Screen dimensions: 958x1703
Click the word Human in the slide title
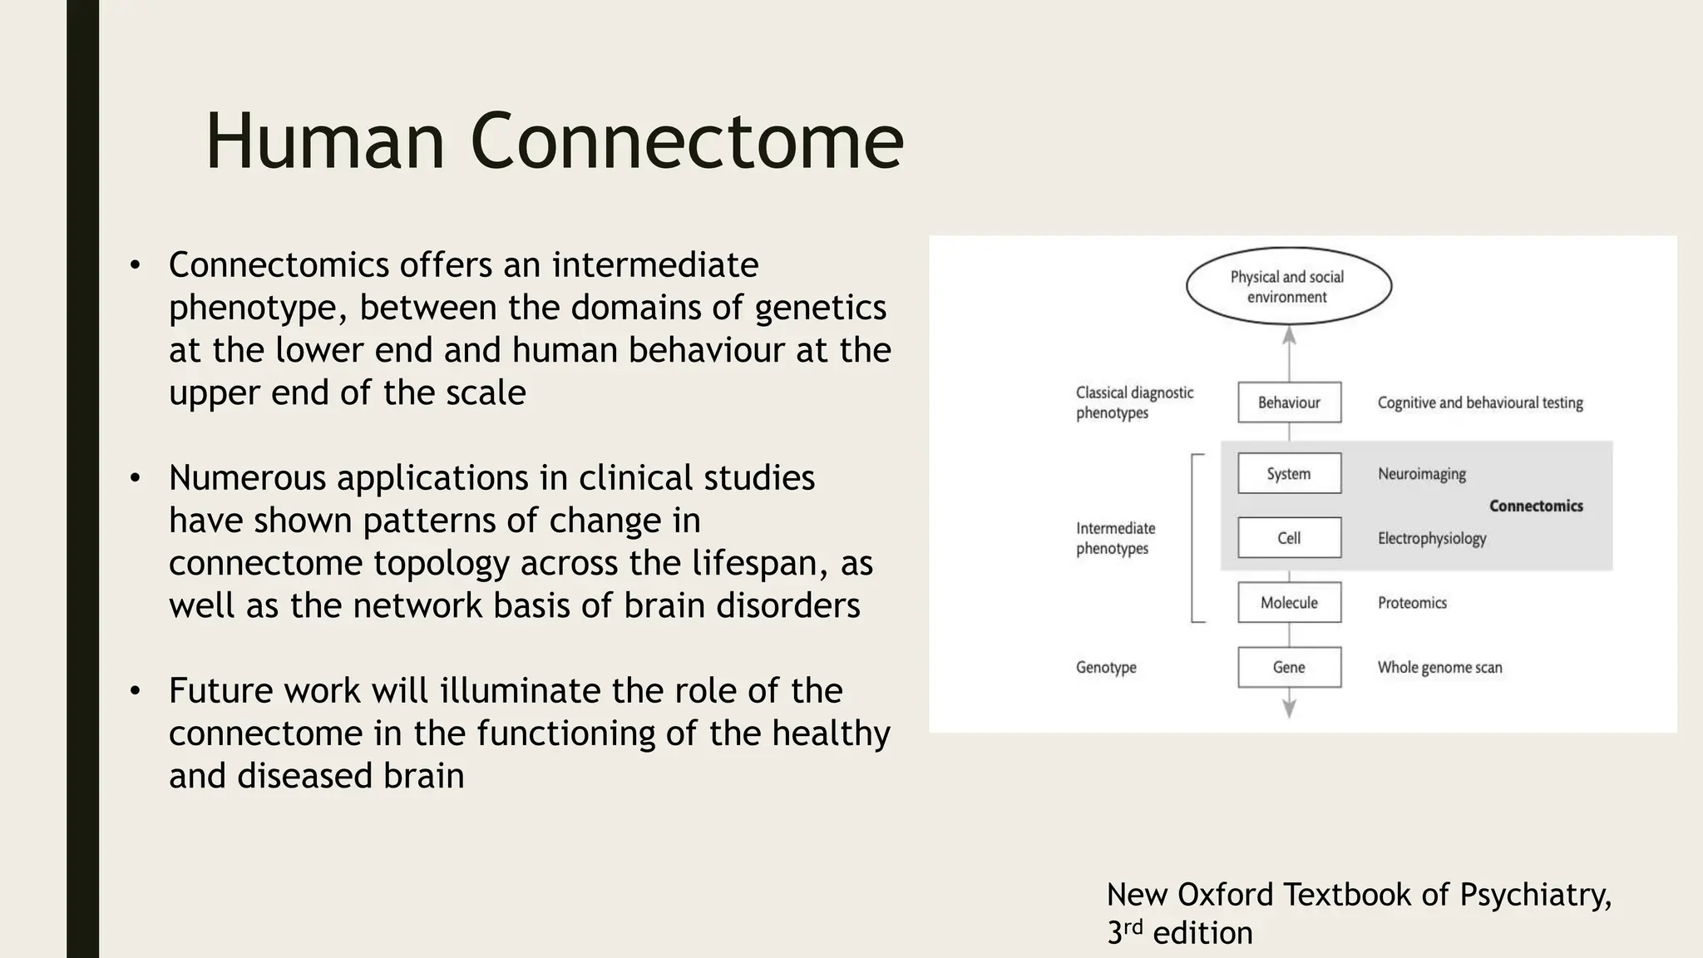tap(325, 141)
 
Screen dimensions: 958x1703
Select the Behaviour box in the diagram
tap(1289, 402)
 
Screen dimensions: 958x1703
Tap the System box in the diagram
tap(1289, 473)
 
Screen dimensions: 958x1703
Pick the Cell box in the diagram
tap(1289, 538)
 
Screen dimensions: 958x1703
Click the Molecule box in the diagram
tap(1289, 603)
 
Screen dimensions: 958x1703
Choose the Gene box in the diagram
tap(1289, 667)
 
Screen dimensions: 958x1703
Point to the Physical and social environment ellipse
tap(1288, 286)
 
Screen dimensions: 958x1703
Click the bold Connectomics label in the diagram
tap(1536, 506)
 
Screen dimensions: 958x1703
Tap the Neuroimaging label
tap(1421, 474)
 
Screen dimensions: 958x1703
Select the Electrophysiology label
tap(1431, 538)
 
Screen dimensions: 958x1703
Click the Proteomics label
tap(1412, 603)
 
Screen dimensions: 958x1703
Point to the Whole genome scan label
tap(1439, 667)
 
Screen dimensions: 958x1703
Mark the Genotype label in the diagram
tap(1106, 667)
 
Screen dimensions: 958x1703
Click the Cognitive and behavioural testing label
tap(1480, 402)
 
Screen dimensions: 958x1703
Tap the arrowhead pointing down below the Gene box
tap(1289, 709)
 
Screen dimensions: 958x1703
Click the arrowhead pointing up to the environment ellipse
tap(1289, 335)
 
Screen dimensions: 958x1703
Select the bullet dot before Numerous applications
tap(135, 478)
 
